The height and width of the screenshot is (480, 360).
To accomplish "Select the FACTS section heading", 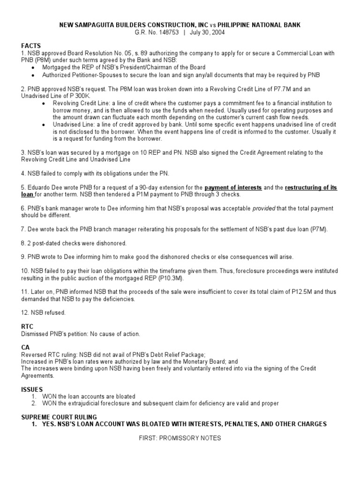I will [x=31, y=46].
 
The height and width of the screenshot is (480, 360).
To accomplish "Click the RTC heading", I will [x=28, y=326].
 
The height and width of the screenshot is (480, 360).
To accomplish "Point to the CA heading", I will [x=25, y=347].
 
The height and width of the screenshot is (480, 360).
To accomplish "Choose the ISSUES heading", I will [x=32, y=389].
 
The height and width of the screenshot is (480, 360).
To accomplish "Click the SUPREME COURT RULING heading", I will [x=59, y=417].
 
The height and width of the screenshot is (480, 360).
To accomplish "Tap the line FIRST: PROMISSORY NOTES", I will [x=180, y=438].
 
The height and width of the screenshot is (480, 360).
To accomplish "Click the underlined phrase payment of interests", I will [x=233, y=187].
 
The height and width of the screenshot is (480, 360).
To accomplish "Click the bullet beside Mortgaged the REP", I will [x=32, y=67].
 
